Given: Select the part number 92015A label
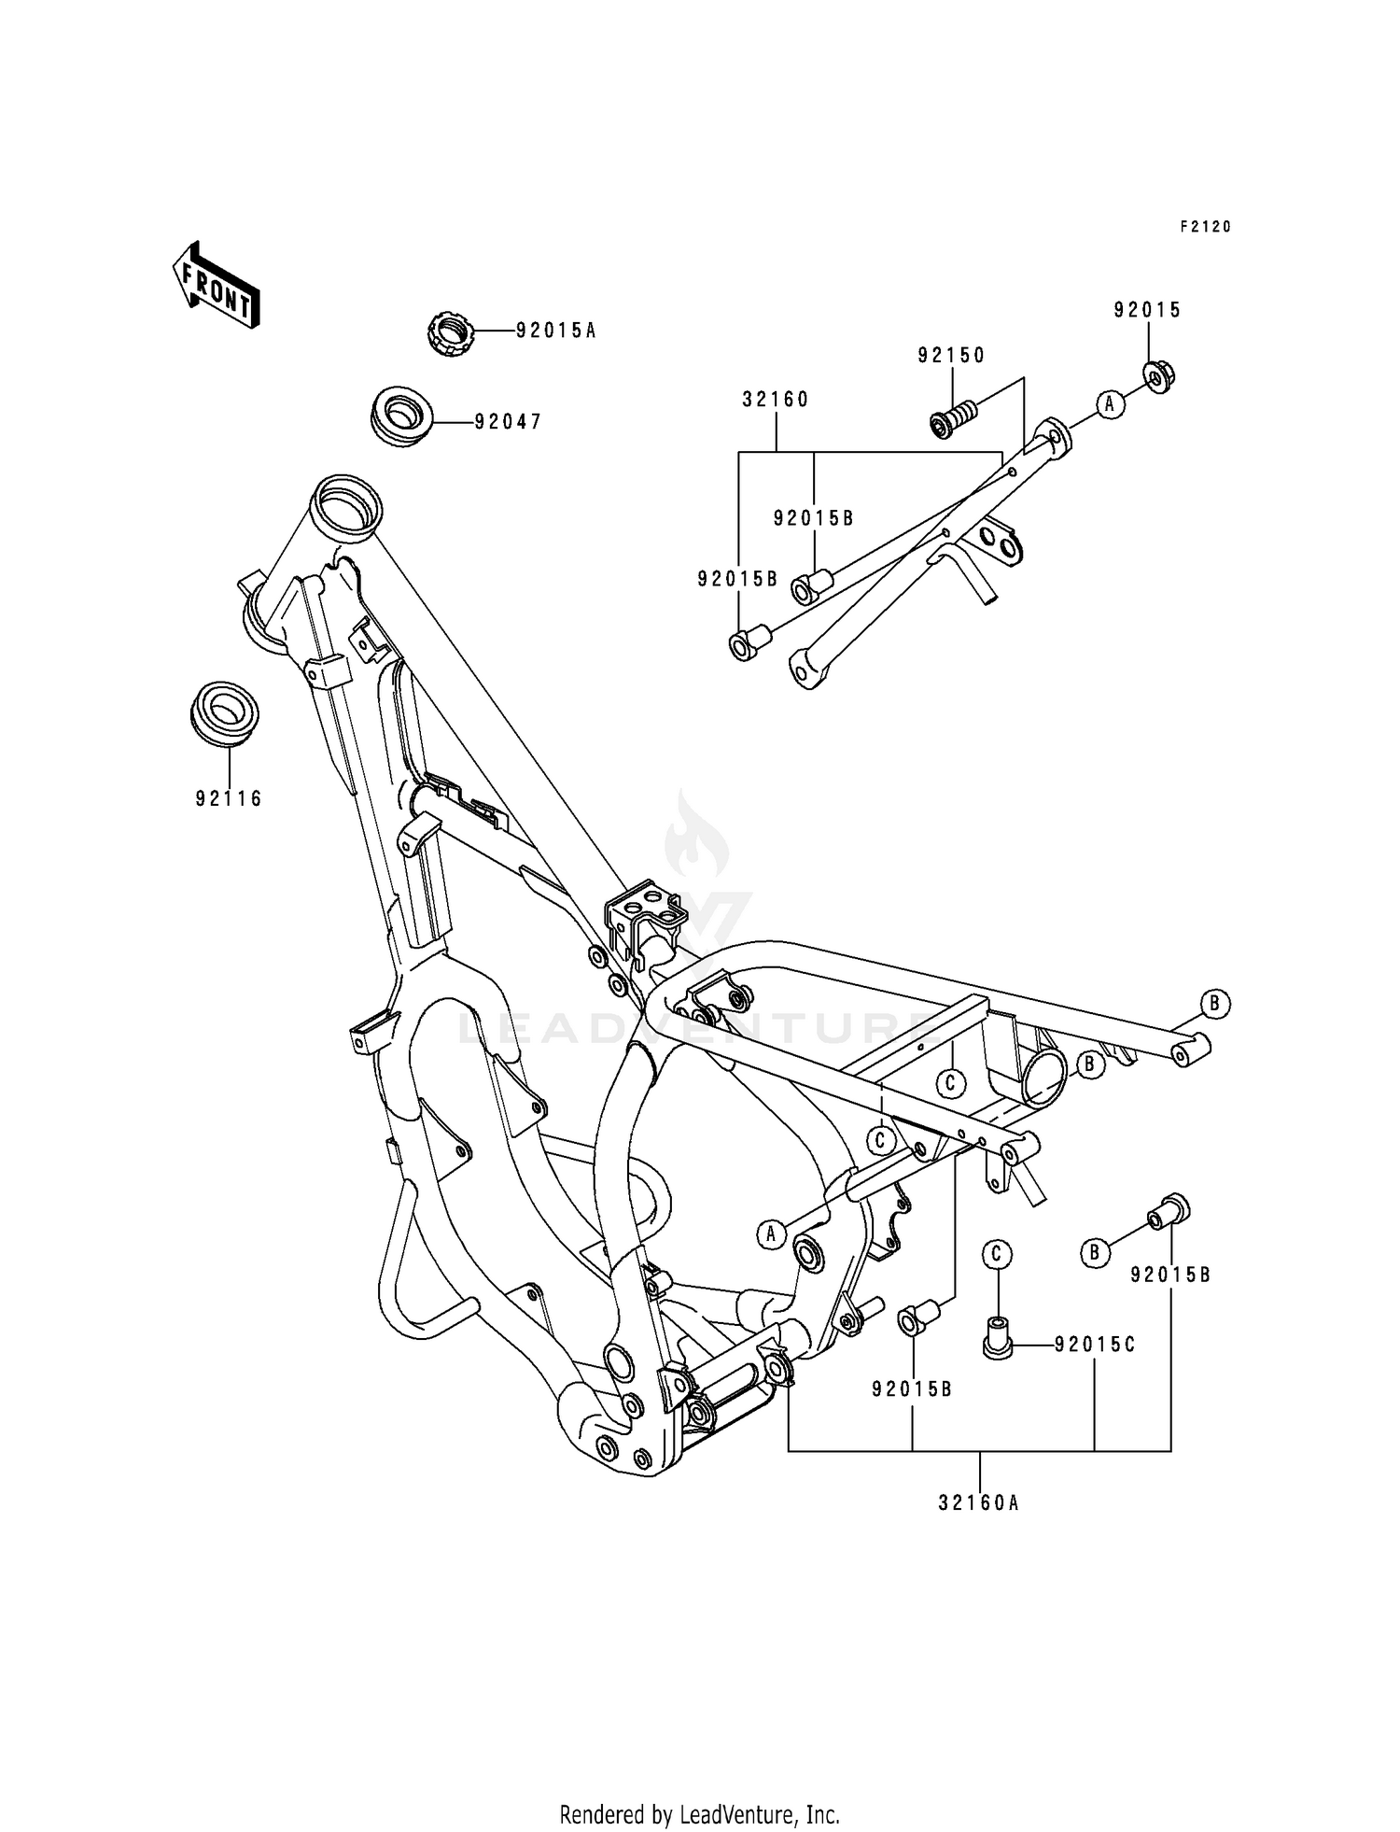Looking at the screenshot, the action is pos(555,330).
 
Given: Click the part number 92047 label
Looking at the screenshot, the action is pos(508,422).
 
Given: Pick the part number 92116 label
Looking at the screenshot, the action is pos(229,798).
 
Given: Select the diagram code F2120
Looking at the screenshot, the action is pos(1205,226).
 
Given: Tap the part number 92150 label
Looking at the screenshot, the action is pos(951,355).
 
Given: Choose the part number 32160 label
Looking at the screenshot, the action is pos(776,399).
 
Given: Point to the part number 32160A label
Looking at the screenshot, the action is pos(979,1503).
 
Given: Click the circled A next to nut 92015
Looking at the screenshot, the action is pos(1110,403).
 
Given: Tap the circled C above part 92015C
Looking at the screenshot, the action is pos(997,1253).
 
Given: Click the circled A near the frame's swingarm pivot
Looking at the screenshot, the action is pos(771,1233).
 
